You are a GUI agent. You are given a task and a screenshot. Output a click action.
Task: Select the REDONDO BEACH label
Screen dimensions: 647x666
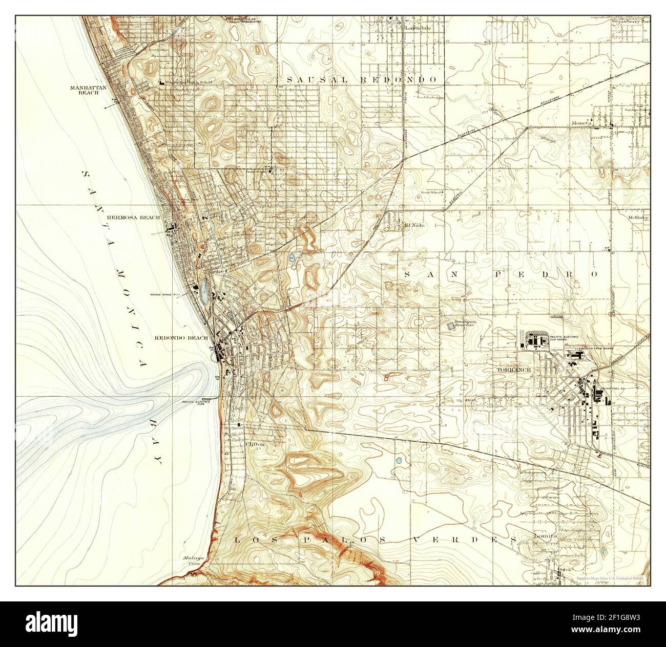(x=181, y=338)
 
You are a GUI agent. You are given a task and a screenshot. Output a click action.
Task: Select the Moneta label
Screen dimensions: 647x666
(x=582, y=123)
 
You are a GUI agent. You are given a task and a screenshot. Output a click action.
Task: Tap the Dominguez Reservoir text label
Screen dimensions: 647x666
(x=463, y=324)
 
